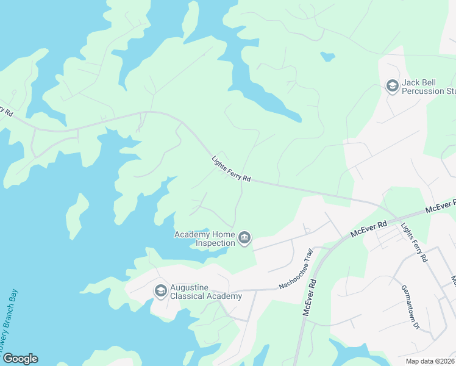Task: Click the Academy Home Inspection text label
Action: (205, 239)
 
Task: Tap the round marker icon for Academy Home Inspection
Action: (244, 238)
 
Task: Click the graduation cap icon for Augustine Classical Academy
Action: (161, 290)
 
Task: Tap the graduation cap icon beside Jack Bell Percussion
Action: (392, 87)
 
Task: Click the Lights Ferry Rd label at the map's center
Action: (231, 170)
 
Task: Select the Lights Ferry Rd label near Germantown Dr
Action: (414, 242)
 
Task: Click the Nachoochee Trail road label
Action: (296, 269)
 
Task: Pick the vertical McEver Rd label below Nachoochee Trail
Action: (310, 297)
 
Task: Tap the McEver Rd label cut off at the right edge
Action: (441, 206)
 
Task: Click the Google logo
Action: (20, 359)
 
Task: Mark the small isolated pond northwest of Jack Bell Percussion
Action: (328, 57)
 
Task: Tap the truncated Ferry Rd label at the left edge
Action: (5, 110)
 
